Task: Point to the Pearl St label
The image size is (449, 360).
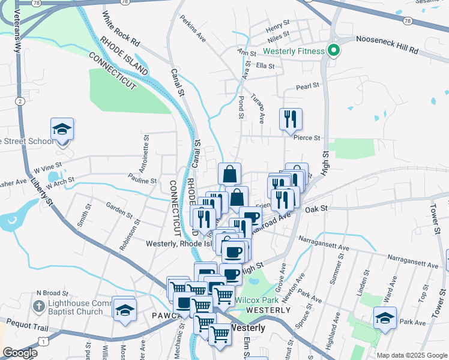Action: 307,86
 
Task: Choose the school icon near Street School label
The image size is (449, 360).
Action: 62,129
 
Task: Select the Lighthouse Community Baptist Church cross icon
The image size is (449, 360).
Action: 37,307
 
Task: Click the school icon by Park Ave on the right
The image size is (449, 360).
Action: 384,317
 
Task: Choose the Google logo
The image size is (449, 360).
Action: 20,353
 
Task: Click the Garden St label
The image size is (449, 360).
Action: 119,211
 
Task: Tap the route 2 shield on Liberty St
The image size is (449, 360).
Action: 20,101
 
